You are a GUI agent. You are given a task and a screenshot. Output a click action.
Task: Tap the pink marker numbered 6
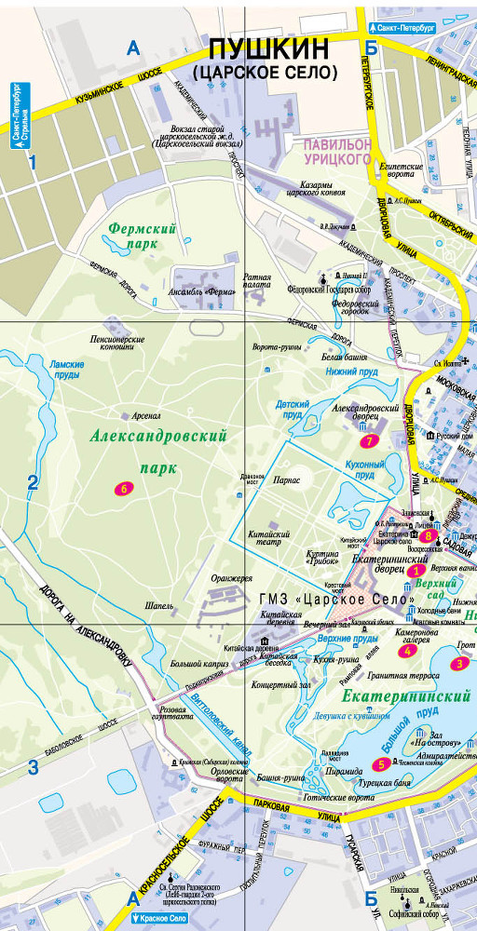tap(121, 489)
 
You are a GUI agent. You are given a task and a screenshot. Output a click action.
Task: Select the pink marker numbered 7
tap(371, 440)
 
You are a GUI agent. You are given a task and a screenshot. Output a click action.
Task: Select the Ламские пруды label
tap(66, 370)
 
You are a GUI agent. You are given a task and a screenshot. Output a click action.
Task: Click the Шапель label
tap(159, 605)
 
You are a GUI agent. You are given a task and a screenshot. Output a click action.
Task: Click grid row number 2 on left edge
tap(33, 482)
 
